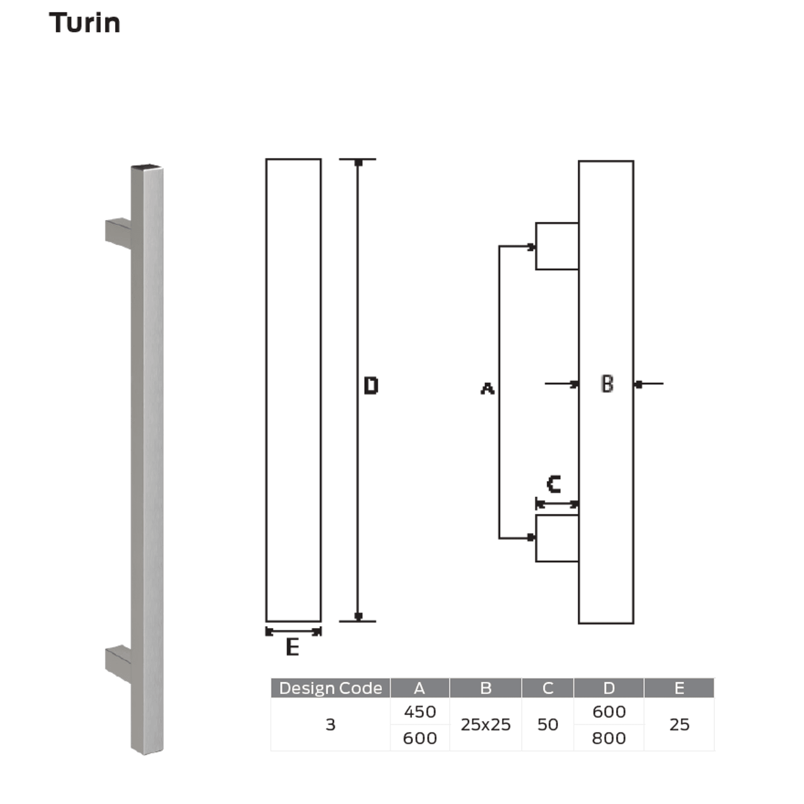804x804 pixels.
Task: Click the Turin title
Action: click(84, 23)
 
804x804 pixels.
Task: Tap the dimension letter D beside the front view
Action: click(371, 386)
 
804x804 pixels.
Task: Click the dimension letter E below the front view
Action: click(292, 647)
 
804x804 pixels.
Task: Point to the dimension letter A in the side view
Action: click(487, 388)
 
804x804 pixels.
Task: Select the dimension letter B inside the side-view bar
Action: click(607, 384)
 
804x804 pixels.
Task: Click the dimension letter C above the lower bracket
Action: click(554, 484)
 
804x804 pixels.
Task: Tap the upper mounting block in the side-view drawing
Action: click(556, 246)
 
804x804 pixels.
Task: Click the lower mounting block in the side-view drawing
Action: click(556, 538)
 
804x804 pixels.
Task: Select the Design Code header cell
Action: click(331, 688)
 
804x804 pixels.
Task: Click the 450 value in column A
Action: click(420, 711)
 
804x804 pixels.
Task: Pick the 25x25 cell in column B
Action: click(485, 724)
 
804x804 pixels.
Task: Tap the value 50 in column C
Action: click(547, 724)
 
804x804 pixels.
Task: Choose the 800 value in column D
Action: click(608, 738)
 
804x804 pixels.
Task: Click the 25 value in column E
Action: click(679, 724)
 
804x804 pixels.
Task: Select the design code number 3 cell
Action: click(330, 724)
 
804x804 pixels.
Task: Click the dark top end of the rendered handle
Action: click(146, 167)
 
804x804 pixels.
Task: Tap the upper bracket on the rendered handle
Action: click(118, 233)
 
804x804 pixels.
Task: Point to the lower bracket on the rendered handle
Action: click(118, 662)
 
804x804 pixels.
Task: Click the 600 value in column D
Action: click(608, 711)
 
